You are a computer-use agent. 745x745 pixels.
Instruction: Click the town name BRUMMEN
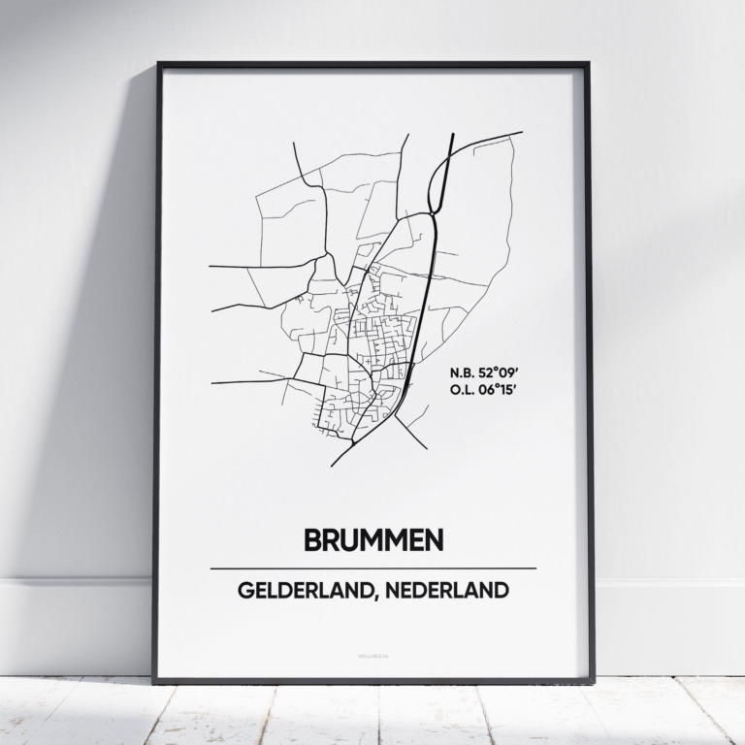373,540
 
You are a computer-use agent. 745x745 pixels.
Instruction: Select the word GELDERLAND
299,591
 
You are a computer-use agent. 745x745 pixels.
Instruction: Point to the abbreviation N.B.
462,372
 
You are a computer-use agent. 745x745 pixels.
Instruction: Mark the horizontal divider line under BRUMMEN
373,568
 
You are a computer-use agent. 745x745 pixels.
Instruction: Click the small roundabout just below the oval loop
431,214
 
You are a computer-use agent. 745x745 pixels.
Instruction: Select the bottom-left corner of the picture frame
155,682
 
